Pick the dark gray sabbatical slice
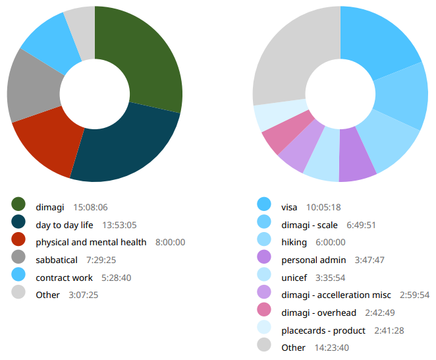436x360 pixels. click(x=34, y=89)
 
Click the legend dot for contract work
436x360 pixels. click(x=18, y=277)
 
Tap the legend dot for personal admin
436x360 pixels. click(x=264, y=259)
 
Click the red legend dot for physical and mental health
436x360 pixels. click(x=18, y=242)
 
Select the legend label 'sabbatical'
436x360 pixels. click(x=57, y=260)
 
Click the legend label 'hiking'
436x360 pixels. click(x=294, y=242)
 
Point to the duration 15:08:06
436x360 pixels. click(x=90, y=207)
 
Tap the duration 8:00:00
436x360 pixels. click(x=170, y=242)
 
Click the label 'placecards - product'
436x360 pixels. click(x=323, y=330)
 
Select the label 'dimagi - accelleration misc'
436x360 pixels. click(x=336, y=295)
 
